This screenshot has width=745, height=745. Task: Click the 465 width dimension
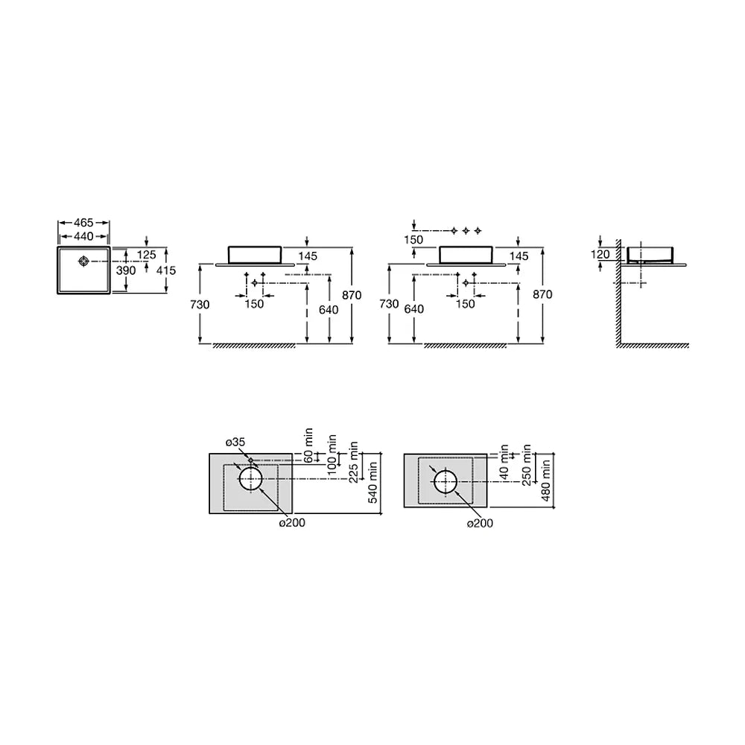(x=83, y=222)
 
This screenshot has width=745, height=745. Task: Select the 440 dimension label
(x=83, y=236)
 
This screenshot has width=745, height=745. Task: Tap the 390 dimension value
(x=126, y=270)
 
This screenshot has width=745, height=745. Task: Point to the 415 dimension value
(x=166, y=270)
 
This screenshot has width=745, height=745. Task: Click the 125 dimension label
(x=146, y=255)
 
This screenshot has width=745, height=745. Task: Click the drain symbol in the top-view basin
(x=84, y=261)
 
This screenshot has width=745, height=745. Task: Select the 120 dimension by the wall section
(x=600, y=254)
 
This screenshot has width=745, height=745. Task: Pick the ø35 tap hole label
(x=235, y=443)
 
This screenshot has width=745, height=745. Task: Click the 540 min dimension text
(x=372, y=482)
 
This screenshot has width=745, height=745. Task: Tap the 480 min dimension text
(x=546, y=480)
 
